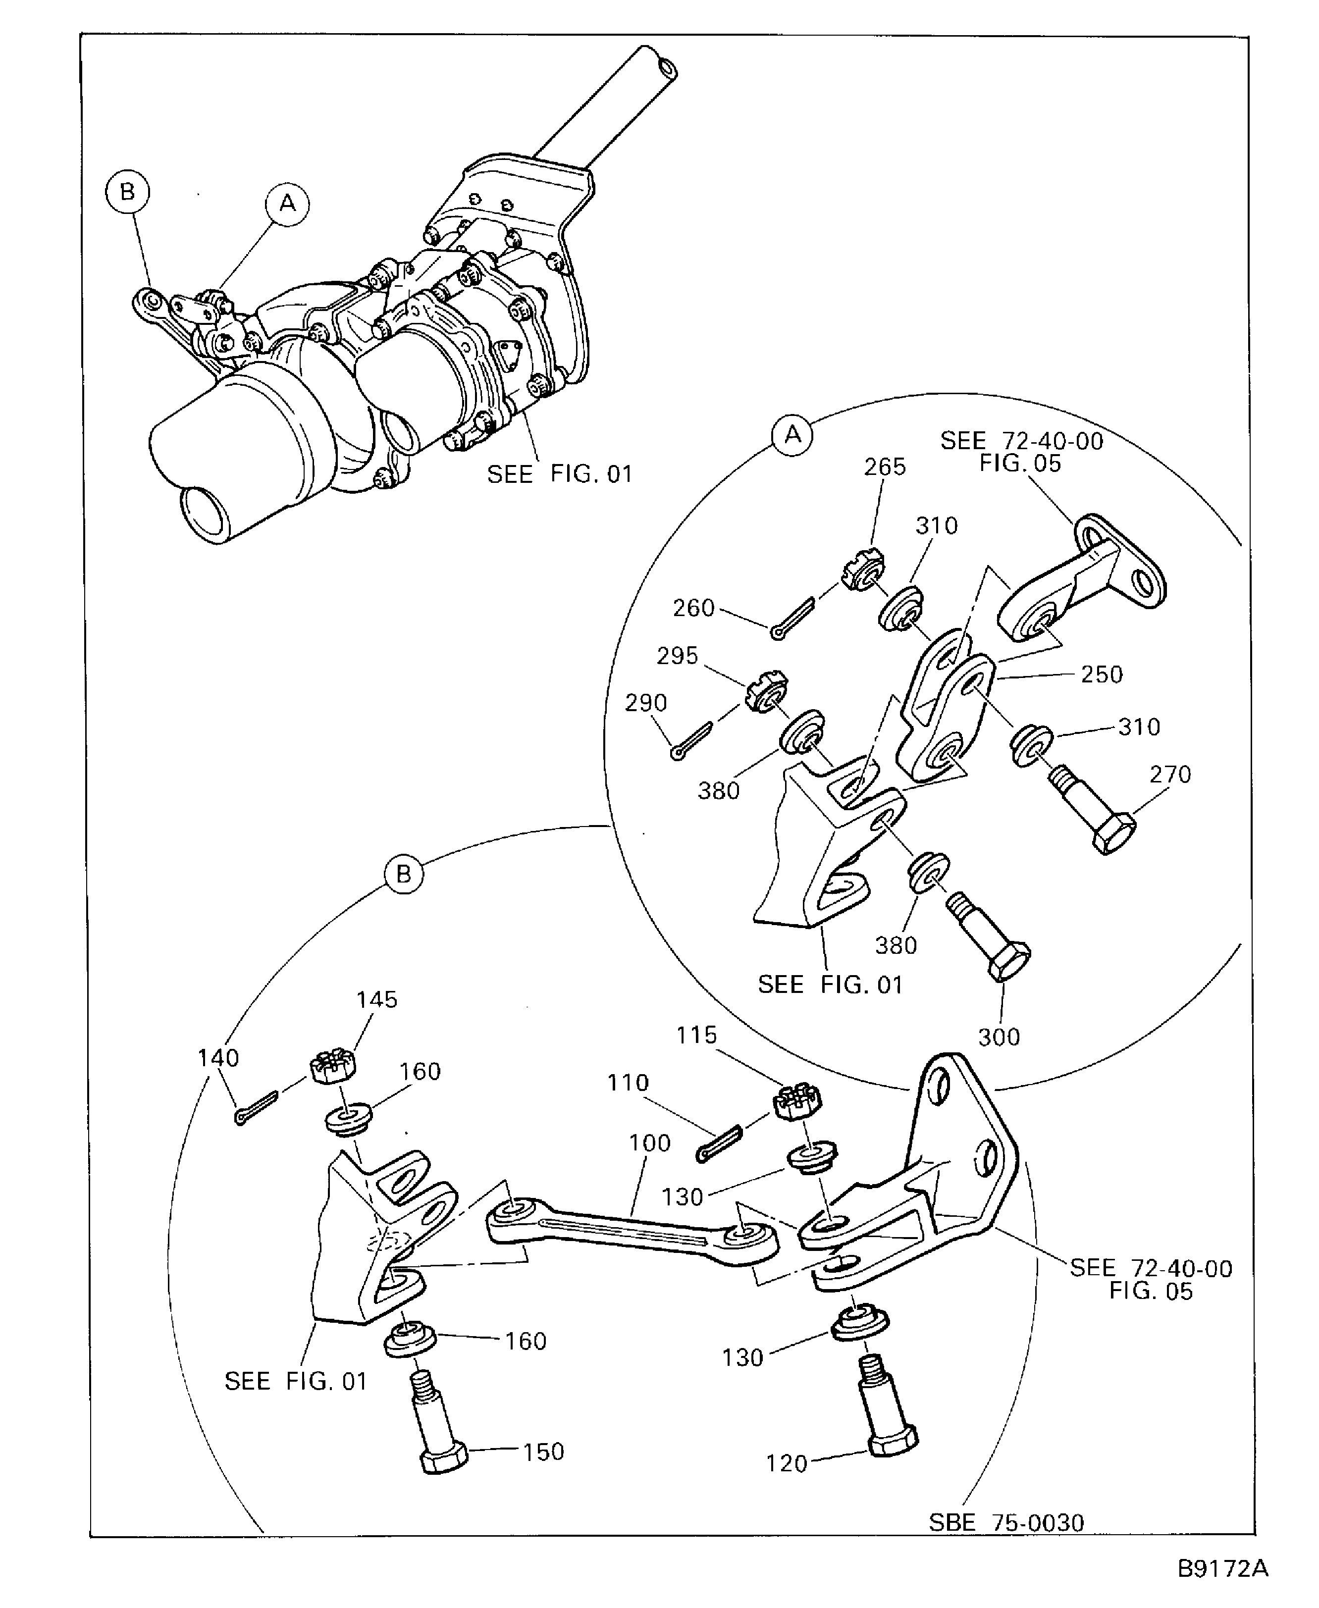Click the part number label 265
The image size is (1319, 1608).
tap(885, 467)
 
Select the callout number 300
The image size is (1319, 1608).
tap(999, 1037)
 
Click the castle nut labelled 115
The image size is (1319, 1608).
tap(797, 1102)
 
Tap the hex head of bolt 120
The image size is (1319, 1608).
tap(893, 1439)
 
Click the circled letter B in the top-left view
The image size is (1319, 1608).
tap(127, 192)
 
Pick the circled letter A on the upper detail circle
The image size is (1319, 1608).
tap(792, 435)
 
